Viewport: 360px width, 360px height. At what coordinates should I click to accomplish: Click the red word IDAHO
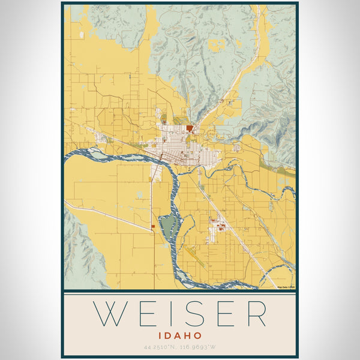coord(180,335)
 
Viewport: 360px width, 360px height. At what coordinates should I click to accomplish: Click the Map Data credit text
coord(286,287)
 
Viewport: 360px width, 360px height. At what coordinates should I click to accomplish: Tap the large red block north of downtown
coord(190,128)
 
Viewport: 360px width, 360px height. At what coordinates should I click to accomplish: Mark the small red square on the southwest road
coord(153,226)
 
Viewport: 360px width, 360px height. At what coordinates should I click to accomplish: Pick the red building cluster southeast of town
coord(220,227)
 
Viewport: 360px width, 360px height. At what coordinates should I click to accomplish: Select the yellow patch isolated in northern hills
coord(217,44)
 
